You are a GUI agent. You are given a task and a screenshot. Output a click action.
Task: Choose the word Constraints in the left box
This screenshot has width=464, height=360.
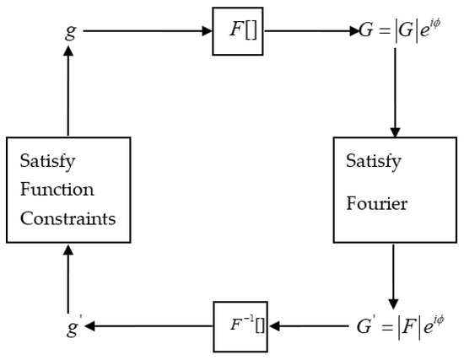67,217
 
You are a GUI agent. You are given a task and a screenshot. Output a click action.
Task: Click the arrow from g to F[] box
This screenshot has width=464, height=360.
148,32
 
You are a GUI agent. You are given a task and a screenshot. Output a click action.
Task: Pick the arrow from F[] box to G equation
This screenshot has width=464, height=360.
309,32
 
